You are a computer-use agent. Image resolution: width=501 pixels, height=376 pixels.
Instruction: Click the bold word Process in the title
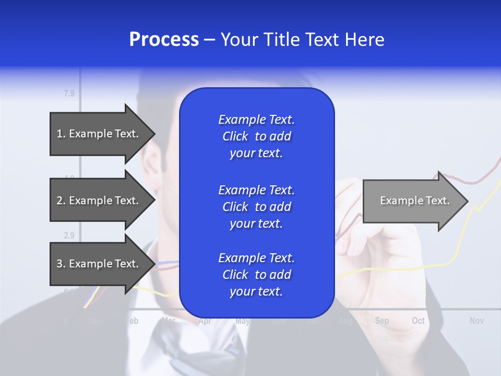pyautogui.click(x=164, y=40)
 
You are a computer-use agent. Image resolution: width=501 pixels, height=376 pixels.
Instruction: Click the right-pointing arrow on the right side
pyautogui.click(x=414, y=201)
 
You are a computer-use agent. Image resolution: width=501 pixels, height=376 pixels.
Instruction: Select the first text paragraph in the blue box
pyautogui.click(x=256, y=136)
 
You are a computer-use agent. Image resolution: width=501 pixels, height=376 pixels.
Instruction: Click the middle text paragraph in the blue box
pyautogui.click(x=256, y=207)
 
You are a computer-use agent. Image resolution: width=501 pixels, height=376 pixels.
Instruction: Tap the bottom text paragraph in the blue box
pyautogui.click(x=256, y=275)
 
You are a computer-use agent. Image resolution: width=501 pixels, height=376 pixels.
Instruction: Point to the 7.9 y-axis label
pyautogui.click(x=69, y=94)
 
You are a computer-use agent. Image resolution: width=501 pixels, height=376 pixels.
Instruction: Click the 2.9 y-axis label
pyautogui.click(x=69, y=236)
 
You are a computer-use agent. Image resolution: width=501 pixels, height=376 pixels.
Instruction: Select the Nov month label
pyautogui.click(x=476, y=321)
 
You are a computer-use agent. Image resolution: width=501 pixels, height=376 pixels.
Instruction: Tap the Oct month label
pyautogui.click(x=418, y=321)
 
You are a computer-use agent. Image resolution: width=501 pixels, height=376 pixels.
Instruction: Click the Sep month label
pyautogui.click(x=381, y=321)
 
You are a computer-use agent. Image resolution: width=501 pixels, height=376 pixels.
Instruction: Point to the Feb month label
pyautogui.click(x=133, y=321)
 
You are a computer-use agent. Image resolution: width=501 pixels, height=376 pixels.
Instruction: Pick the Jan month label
pyautogui.click(x=95, y=321)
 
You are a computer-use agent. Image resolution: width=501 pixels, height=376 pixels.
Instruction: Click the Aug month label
pyautogui.click(x=345, y=321)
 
